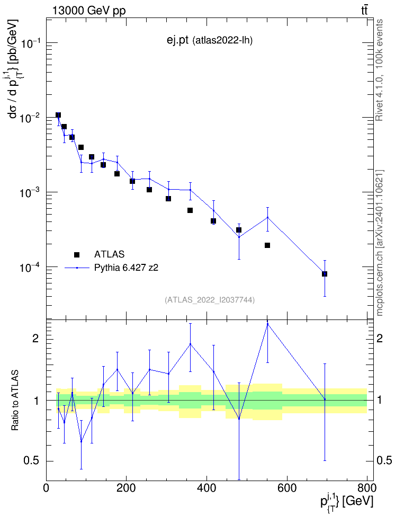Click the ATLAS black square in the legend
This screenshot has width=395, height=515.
click(77, 254)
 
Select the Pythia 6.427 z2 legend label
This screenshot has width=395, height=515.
click(126, 268)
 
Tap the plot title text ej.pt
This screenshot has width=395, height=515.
click(177, 40)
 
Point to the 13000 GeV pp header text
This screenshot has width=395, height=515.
click(89, 11)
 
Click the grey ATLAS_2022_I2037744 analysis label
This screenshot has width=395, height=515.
click(210, 300)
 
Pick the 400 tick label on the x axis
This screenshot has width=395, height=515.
click(207, 488)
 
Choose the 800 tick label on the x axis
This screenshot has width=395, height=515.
click(367, 488)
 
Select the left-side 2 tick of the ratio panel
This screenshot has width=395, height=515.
click(36, 338)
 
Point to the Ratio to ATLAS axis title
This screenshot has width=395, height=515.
click(15, 401)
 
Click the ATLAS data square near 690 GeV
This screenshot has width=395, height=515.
click(325, 274)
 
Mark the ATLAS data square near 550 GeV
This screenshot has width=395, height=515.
click(267, 245)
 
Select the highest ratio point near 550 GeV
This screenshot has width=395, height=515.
click(267, 324)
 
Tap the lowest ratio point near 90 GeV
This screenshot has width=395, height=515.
click(81, 441)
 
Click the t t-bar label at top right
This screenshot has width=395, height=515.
click(364, 10)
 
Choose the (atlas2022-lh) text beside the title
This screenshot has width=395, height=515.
click(222, 41)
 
